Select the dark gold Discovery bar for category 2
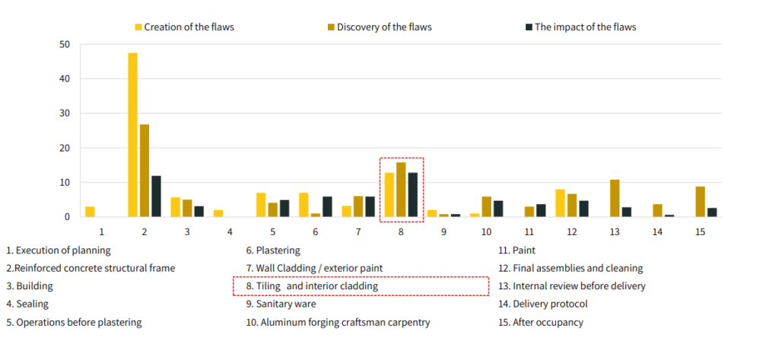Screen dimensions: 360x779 pos(145,170)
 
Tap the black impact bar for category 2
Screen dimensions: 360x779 pos(156,196)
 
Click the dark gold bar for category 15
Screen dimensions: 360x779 pos(701,202)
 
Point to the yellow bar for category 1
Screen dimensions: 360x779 pos(90,212)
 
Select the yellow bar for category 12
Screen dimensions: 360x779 pos(560,203)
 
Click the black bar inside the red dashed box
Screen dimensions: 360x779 pos(413,195)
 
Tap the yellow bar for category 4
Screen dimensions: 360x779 pos(218,213)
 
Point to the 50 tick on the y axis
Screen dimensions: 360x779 pos(65,44)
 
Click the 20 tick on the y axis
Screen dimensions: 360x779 pos(65,148)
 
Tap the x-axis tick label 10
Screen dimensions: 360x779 pos(487,230)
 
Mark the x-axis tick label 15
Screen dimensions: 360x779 pos(701,230)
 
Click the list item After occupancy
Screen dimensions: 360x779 pos(540,322)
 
